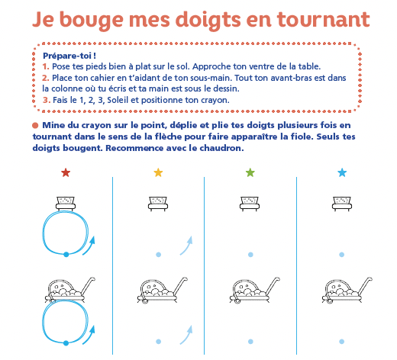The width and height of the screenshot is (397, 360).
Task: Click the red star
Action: tap(66, 172)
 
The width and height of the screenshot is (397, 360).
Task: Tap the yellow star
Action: tap(158, 172)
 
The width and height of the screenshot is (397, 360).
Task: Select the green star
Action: tap(250, 172)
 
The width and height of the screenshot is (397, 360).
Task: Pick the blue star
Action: tap(342, 172)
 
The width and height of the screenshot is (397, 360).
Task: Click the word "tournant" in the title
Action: tap(323, 20)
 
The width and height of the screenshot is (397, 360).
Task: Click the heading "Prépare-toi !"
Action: tap(69, 56)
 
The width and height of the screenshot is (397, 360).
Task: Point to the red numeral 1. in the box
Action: tap(46, 66)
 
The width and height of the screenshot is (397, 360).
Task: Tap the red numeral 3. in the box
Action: tap(47, 100)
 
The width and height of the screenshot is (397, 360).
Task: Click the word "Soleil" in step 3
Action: tap(118, 100)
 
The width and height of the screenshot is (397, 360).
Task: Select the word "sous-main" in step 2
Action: tap(212, 78)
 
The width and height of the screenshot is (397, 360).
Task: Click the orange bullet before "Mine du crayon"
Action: tap(35, 125)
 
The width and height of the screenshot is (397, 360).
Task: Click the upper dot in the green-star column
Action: tap(250, 255)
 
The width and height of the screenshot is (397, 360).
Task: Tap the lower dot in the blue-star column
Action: tap(342, 342)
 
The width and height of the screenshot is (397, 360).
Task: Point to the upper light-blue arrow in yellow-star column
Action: tap(187, 246)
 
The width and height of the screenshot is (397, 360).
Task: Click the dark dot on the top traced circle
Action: tap(66, 254)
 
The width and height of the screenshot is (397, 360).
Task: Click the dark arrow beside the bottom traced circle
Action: tap(90, 336)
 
